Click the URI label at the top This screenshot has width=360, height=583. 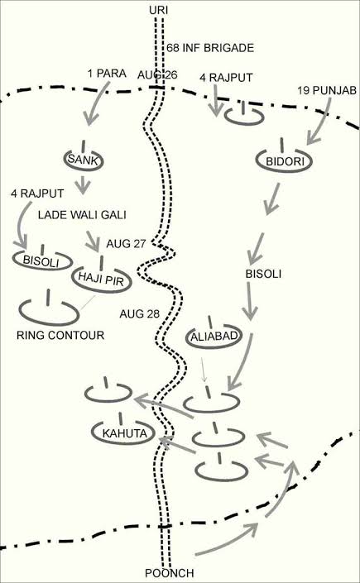click(x=159, y=11)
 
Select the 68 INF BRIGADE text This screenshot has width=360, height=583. click(x=210, y=48)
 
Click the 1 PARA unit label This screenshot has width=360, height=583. click(x=107, y=74)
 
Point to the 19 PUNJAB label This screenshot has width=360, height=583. click(x=327, y=90)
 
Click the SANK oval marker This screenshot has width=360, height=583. click(x=84, y=160)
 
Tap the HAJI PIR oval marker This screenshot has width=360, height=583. click(x=102, y=280)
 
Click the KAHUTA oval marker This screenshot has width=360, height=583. click(x=124, y=433)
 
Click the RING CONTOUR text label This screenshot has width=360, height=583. click(x=60, y=336)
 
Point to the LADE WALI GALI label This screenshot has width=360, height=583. click(x=82, y=214)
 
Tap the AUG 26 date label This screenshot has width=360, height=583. click(x=157, y=74)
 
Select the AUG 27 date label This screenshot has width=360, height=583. click(x=126, y=244)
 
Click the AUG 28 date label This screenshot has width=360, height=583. click(x=139, y=314)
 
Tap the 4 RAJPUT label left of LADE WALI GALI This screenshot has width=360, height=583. click(x=37, y=194)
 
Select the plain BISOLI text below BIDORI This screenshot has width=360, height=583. click(x=263, y=275)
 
